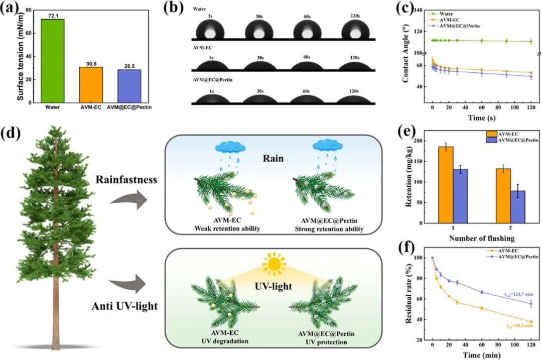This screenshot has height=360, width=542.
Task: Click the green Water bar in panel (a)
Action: coord(52,61)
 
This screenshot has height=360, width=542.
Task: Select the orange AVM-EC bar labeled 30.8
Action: coord(90,85)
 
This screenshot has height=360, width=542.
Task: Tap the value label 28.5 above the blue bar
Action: coord(129,66)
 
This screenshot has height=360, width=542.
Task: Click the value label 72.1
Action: coord(52,16)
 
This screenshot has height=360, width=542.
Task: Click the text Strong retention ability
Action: coord(329,229)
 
